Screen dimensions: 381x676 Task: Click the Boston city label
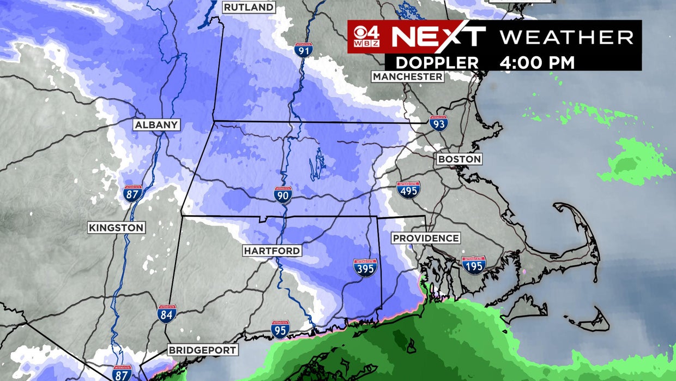[460, 159]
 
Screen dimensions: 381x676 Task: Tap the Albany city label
[156, 125]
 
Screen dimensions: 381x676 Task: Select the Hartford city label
[272, 251]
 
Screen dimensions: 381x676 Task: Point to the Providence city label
[426, 239]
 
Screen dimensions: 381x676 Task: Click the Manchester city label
[408, 77]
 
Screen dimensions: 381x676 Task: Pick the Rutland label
[249, 8]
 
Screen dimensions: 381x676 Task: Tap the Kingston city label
[116, 228]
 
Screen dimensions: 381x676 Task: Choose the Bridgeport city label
[202, 350]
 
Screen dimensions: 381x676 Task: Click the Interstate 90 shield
[283, 195]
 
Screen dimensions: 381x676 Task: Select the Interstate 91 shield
[304, 51]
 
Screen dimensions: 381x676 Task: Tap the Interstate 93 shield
[438, 123]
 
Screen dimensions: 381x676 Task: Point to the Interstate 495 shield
[408, 189]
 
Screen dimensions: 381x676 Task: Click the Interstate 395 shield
[365, 267]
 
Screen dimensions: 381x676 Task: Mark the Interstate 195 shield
[474, 265]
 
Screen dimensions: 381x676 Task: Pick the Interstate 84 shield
[167, 313]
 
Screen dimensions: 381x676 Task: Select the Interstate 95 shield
[280, 329]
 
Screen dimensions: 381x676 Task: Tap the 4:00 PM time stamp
[537, 62]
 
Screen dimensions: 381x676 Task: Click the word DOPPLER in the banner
[437, 62]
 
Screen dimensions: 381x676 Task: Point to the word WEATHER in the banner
[566, 37]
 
